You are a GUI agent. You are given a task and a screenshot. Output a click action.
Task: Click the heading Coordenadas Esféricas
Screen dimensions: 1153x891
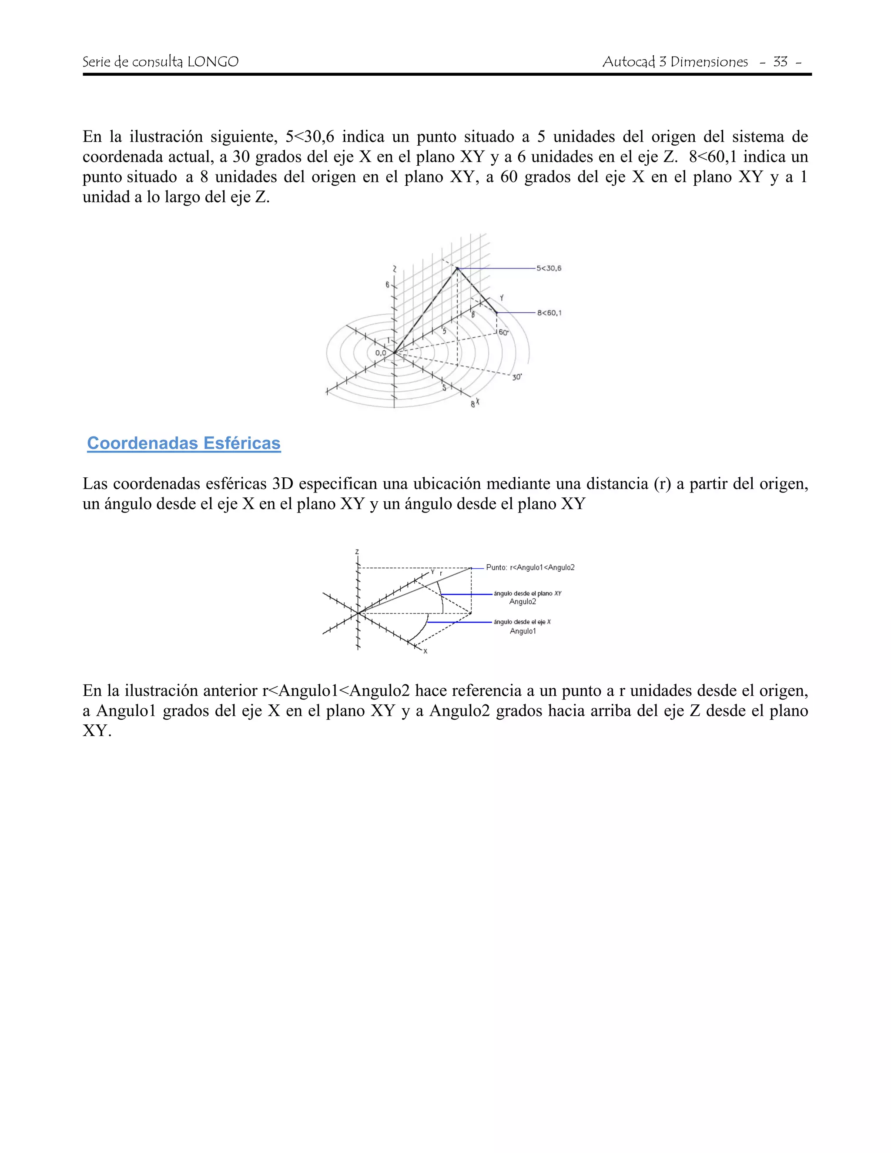pyautogui.click(x=184, y=443)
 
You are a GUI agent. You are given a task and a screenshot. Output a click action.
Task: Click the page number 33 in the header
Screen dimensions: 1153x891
pyautogui.click(x=780, y=62)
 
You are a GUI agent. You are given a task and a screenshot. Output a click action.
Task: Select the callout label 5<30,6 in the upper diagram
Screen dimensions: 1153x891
pyautogui.click(x=549, y=268)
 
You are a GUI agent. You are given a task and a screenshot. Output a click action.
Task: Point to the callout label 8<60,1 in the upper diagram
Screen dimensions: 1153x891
pyautogui.click(x=549, y=313)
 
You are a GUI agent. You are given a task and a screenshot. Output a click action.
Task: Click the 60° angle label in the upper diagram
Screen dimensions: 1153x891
pyautogui.click(x=503, y=332)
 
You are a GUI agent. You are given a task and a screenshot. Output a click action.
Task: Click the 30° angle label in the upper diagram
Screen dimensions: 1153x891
pyautogui.click(x=517, y=377)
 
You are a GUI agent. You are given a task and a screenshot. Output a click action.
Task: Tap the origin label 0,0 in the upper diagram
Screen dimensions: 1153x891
pyautogui.click(x=381, y=353)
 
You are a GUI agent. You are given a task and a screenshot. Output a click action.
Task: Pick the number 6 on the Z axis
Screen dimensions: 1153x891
pyautogui.click(x=388, y=285)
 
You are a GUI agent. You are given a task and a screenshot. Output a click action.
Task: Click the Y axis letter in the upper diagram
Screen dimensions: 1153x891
pyautogui.click(x=502, y=298)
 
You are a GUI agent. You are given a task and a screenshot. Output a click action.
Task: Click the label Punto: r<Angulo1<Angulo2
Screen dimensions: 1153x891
pyautogui.click(x=530, y=567)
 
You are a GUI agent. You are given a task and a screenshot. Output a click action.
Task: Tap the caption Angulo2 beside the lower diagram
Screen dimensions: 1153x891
pyautogui.click(x=523, y=602)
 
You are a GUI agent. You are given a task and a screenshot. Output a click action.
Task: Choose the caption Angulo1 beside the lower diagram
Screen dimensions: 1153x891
pyautogui.click(x=523, y=631)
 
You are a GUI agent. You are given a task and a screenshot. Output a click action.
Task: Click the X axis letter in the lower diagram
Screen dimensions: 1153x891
pyautogui.click(x=425, y=651)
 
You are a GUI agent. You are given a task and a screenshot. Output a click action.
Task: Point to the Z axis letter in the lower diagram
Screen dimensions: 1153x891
pyautogui.click(x=357, y=552)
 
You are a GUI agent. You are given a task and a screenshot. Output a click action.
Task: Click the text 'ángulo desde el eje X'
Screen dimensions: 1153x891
pyautogui.click(x=522, y=622)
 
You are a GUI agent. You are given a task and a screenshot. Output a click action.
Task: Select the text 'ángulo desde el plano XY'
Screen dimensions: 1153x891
pyautogui.click(x=527, y=593)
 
